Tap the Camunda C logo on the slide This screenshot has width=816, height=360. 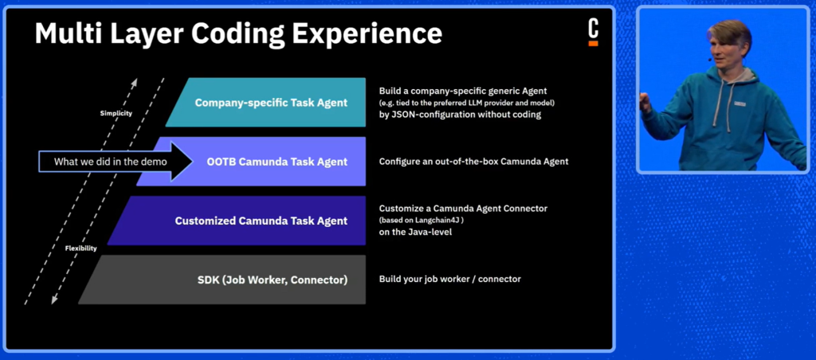pyautogui.click(x=593, y=33)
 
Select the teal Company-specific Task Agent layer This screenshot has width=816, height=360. pyautogui.click(x=265, y=103)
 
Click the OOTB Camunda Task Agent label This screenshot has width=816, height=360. pyautogui.click(x=277, y=162)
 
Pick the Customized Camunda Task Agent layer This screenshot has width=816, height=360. pyautogui.click(x=237, y=221)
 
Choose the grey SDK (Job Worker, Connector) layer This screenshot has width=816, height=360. pyautogui.click(x=222, y=280)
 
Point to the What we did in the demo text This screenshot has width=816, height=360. pyautogui.click(x=110, y=162)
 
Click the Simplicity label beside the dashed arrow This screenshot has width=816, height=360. pyautogui.click(x=116, y=113)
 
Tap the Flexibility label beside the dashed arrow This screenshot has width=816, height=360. pyautogui.click(x=80, y=248)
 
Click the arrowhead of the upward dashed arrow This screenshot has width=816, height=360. pyautogui.click(x=135, y=82)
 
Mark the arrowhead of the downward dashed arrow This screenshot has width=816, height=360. pyautogui.click(x=54, y=299)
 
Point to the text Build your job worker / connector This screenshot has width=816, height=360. pyautogui.click(x=449, y=280)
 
